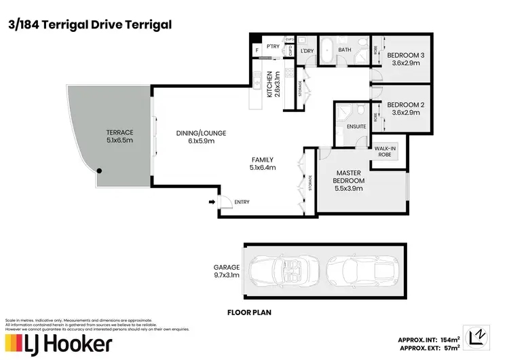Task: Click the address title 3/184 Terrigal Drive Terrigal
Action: point(89,24)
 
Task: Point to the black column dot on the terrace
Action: point(99,171)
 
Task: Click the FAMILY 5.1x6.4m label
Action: point(262,163)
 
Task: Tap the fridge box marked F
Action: point(257,50)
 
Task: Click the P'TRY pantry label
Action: point(274,46)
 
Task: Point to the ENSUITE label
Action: point(356,126)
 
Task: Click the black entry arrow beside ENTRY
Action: point(212,202)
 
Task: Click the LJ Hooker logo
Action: point(58,344)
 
